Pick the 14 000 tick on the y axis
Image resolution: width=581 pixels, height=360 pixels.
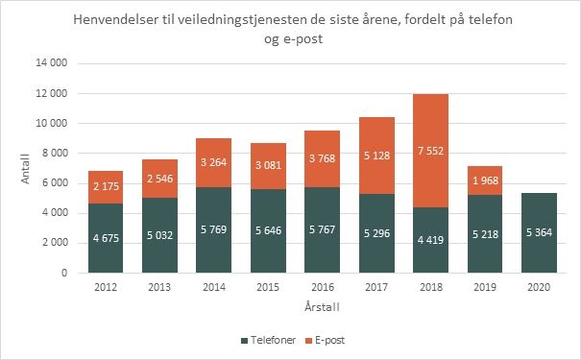[x=57, y=63]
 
